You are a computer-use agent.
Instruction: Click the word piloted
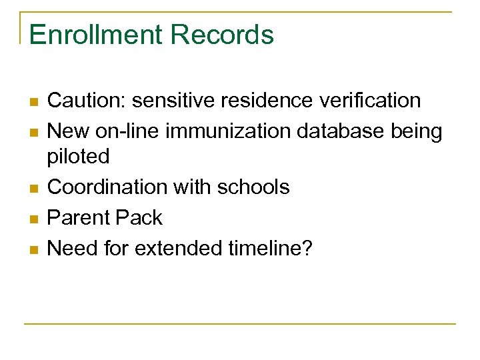79,157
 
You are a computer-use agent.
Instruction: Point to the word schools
256,187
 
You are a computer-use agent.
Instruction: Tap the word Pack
143,218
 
